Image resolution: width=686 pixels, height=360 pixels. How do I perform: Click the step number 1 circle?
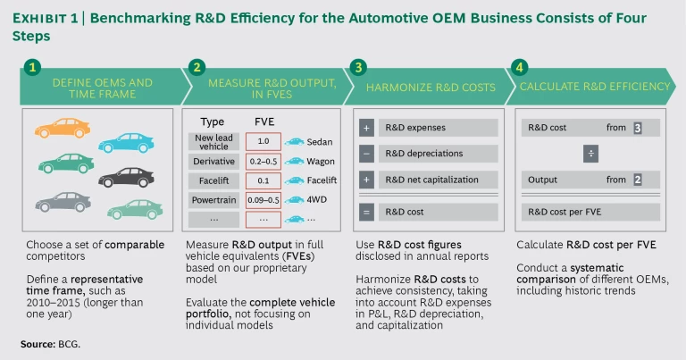click(32, 67)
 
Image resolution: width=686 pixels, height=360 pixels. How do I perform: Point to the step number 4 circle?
click(521, 67)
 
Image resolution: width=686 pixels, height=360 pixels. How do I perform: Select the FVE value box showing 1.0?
click(263, 141)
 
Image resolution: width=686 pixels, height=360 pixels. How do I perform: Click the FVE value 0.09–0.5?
click(263, 199)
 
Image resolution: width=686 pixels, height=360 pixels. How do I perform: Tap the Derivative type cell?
click(214, 161)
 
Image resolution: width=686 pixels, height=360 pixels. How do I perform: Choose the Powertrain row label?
click(214, 199)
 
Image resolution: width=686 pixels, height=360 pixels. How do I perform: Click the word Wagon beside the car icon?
click(322, 161)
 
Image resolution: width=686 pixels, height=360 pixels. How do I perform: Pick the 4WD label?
click(318, 199)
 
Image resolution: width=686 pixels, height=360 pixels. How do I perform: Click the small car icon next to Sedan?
click(294, 141)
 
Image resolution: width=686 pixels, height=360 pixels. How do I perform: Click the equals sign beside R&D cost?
click(366, 212)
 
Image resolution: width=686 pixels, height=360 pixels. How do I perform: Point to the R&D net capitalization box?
click(437, 180)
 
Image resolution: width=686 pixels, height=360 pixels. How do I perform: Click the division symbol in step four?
click(590, 154)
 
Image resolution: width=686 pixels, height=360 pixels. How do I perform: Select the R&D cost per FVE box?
click(590, 212)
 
